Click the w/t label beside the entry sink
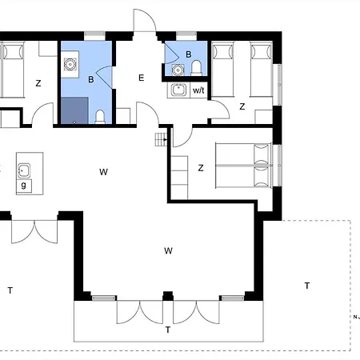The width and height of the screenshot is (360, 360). click(198, 90)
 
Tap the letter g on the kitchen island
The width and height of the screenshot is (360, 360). click(24, 185)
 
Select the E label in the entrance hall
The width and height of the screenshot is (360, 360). click(142, 78)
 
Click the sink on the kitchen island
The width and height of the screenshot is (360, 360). click(24, 170)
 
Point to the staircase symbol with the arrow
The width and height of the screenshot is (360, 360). click(161, 139)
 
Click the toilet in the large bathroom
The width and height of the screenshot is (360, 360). click(100, 117)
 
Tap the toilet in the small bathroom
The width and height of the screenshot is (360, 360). click(196, 68)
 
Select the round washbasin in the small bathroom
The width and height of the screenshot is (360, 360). click(178, 70)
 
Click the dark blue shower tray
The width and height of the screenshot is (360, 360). click(74, 110)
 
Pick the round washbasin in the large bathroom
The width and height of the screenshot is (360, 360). click(70, 64)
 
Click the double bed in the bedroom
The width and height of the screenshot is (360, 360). click(243, 166)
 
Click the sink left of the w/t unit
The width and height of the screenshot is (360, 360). click(178, 90)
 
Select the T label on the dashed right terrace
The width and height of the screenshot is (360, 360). click(307, 286)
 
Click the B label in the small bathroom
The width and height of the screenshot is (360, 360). click(189, 54)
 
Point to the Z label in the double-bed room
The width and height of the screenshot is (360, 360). click(201, 168)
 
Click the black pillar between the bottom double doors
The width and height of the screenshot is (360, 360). click(168, 296)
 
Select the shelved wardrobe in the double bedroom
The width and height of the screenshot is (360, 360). click(179, 178)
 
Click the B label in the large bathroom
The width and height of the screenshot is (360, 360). click(91, 79)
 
